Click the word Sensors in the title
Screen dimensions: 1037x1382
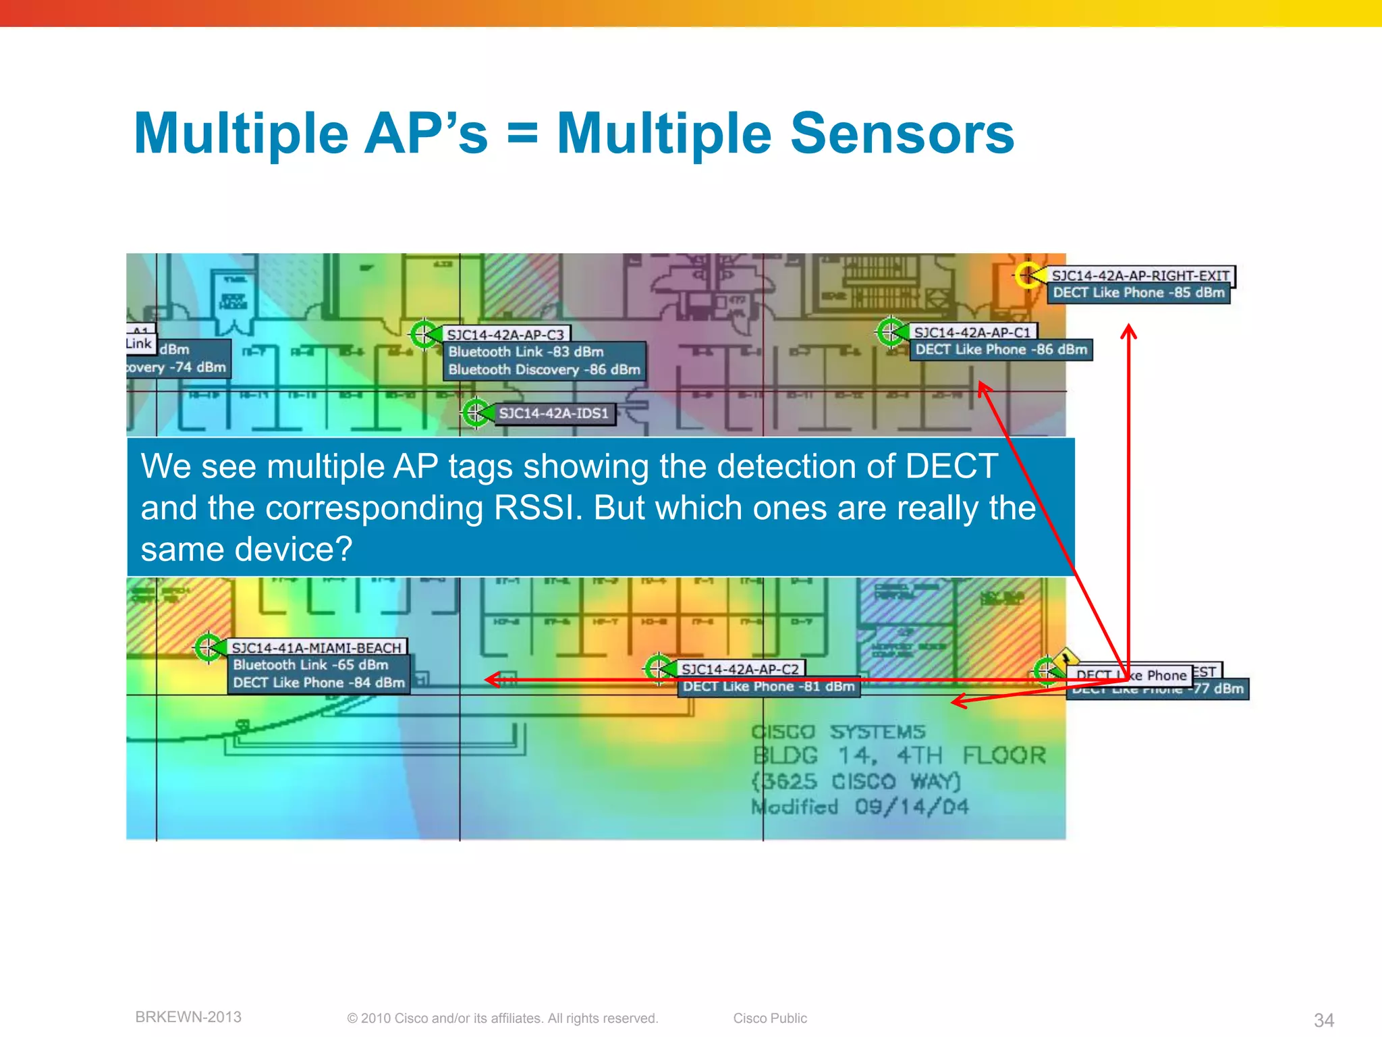(x=902, y=134)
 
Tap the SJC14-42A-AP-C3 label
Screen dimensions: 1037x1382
(x=505, y=335)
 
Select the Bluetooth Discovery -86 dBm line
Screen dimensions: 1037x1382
(x=544, y=370)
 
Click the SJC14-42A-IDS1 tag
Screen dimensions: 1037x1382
(x=553, y=413)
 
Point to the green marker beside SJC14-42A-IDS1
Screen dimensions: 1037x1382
(x=475, y=412)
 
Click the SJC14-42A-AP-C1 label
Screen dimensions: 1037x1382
(x=972, y=332)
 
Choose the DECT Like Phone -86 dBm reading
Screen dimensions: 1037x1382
(x=1001, y=350)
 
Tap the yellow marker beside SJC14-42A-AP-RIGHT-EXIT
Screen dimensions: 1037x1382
(x=1028, y=275)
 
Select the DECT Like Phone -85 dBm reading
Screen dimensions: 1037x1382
(x=1138, y=293)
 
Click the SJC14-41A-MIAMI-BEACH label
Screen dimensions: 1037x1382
(x=316, y=647)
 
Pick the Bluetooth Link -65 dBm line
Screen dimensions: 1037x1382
(x=310, y=665)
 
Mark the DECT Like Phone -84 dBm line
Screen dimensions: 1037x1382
(x=319, y=683)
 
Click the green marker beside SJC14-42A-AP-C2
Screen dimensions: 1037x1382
(x=657, y=668)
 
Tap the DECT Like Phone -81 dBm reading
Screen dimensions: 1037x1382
(x=768, y=687)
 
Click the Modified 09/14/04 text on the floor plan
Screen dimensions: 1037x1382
(x=860, y=807)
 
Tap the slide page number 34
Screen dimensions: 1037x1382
(x=1323, y=1019)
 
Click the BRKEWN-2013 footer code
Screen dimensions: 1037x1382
(x=188, y=1017)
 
